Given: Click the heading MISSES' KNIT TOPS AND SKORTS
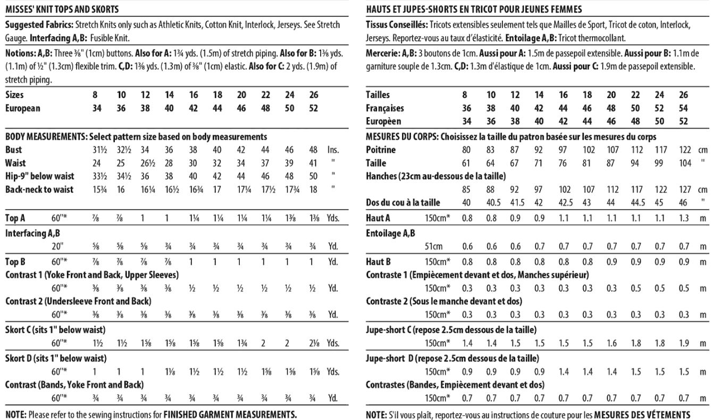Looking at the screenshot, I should (62, 9).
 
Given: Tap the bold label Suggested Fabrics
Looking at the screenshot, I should (40, 25).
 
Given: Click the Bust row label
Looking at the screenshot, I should (13, 150).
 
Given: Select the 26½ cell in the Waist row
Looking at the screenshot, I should (145, 163).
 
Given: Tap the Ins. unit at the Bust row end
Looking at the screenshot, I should (333, 150).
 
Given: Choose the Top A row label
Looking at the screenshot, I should (16, 218).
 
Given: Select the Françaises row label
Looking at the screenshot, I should (385, 108).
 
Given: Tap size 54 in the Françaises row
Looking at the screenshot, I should (683, 108).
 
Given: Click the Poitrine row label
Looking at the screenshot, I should (381, 150).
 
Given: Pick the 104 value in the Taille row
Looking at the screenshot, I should (683, 163).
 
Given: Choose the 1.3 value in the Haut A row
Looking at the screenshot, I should (683, 218).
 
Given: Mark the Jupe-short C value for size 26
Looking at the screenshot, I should (683, 343).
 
